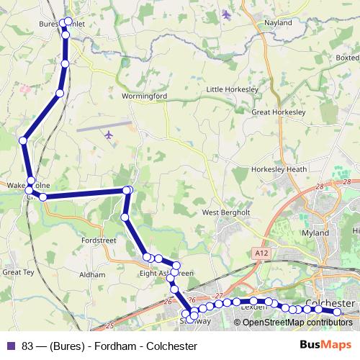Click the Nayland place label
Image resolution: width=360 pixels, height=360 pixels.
pos(278,23)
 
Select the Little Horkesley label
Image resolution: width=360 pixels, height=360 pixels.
pos(232,89)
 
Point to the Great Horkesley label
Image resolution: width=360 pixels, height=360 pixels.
pos(279,112)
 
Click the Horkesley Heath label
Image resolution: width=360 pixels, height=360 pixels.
pos(279,169)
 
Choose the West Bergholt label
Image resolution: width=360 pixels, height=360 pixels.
pos(225,213)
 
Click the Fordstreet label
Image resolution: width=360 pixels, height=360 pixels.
pos(99,240)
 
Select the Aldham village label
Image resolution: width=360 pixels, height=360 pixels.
pos(92,275)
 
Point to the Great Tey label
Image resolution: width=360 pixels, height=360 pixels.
pos(18,272)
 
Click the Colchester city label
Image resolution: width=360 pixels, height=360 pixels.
pos(330,304)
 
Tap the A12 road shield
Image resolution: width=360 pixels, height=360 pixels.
pos(260,253)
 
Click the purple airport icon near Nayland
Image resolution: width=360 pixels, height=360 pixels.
pos(228,14)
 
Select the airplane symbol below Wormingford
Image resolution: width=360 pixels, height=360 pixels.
pos(109,135)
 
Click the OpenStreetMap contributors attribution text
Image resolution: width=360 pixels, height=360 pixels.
pos(297,323)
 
